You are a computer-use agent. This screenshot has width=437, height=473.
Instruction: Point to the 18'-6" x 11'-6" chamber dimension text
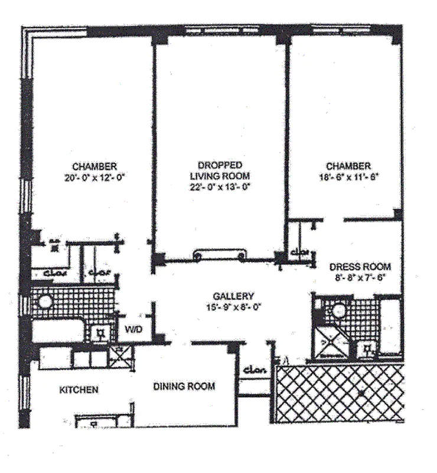tap(348, 176)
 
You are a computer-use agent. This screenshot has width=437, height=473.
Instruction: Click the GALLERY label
tap(234, 296)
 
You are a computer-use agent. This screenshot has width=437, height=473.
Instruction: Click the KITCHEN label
tap(79, 390)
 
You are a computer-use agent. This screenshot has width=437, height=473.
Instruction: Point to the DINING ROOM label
tap(184, 387)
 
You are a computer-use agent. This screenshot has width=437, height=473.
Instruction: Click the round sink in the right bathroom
tap(339, 309)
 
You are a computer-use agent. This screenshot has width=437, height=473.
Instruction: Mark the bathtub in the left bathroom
tap(57, 331)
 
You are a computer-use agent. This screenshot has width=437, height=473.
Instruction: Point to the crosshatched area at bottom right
tap(340, 393)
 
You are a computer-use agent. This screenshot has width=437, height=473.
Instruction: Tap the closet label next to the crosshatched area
tap(255, 370)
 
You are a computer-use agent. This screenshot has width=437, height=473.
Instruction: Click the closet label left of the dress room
tap(300, 253)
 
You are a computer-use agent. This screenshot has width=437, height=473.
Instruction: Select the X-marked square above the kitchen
tap(122, 357)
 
